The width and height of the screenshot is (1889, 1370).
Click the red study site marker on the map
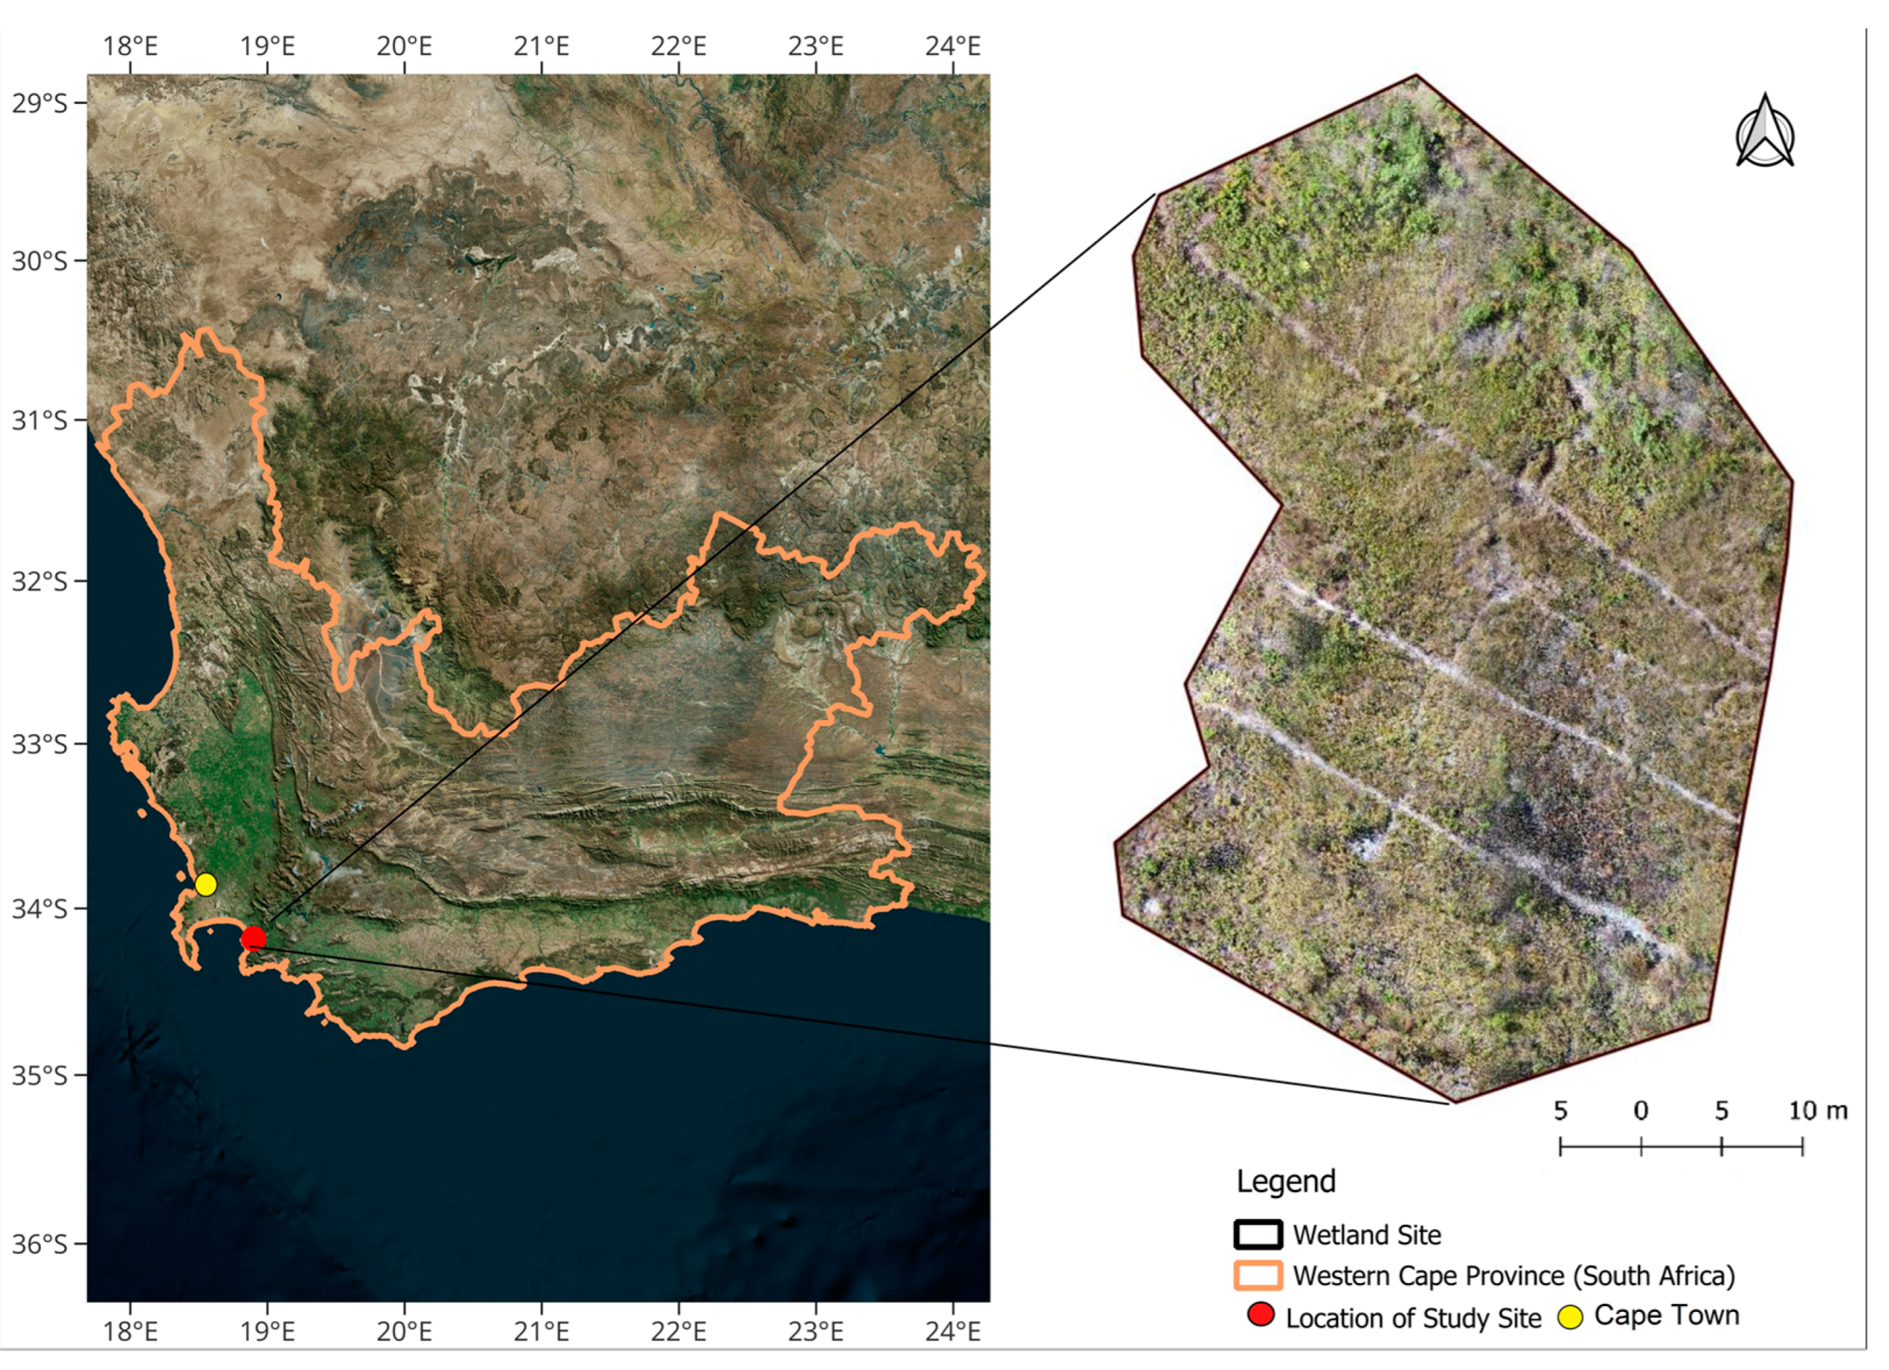click(253, 939)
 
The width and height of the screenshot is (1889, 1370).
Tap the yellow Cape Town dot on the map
click(205, 884)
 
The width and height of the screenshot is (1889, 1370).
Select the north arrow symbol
click(1764, 134)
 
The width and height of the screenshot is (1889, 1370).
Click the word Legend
click(1285, 1181)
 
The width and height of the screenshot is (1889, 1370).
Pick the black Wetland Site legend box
click(1257, 1234)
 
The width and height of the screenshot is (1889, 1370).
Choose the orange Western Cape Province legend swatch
click(1257, 1276)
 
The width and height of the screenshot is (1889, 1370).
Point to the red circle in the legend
click(1261, 1316)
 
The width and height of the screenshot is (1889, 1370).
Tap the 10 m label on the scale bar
click(1818, 1110)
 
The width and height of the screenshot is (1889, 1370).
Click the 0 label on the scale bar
click(1640, 1110)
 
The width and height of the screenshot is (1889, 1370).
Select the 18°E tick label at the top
click(130, 46)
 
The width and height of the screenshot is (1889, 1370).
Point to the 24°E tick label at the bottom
click(952, 1332)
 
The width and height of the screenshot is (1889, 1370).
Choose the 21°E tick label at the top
click(542, 46)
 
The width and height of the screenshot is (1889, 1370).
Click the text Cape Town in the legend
click(1666, 1315)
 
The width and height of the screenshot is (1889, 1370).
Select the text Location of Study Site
click(1413, 1318)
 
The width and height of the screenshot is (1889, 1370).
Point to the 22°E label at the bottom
click(678, 1332)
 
